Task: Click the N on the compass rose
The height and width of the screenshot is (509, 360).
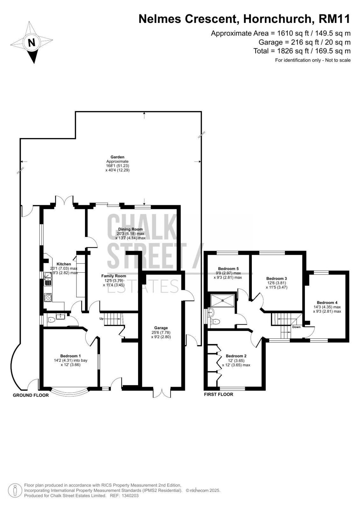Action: [32, 43]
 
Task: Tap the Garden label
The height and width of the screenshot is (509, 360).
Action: [117, 157]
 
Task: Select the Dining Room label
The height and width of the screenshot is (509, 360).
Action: [130, 229]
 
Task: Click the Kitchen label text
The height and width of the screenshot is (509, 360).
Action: [64, 264]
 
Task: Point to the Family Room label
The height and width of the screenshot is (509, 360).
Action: [114, 276]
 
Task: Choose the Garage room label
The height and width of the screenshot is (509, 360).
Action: [161, 328]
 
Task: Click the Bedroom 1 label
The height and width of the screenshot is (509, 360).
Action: [70, 356]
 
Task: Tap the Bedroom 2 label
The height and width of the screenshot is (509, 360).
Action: [236, 356]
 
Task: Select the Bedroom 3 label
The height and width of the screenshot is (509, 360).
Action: [277, 278]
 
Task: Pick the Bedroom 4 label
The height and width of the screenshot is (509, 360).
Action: [327, 303]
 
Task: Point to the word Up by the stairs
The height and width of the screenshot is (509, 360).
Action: [102, 318]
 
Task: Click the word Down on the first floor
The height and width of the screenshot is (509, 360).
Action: [296, 327]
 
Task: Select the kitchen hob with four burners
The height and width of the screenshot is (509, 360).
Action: [48, 297]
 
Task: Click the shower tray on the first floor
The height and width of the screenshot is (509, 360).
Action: [222, 300]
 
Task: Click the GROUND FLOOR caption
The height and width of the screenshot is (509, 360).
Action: [31, 395]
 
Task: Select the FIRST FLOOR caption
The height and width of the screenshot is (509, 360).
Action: [219, 394]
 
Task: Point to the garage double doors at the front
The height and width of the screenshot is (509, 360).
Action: [162, 392]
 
